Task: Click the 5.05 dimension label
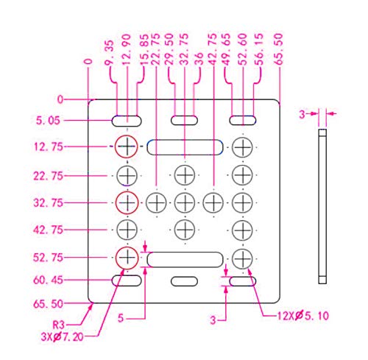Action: pyautogui.click(x=48, y=121)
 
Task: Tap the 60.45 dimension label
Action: pyautogui.click(x=48, y=280)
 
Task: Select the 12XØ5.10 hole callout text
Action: pyautogui.click(x=303, y=316)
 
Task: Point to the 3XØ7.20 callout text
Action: pyautogui.click(x=62, y=337)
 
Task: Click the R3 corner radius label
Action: pyautogui.click(x=58, y=325)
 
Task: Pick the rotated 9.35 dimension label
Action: pyautogui.click(x=109, y=53)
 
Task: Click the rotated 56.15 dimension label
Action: pyautogui.click(x=259, y=49)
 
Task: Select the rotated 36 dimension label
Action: pyautogui.click(x=199, y=59)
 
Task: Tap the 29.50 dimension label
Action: pyautogui.click(x=169, y=49)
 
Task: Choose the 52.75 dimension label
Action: pyautogui.click(x=48, y=258)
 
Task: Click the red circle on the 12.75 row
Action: pyautogui.click(x=127, y=135)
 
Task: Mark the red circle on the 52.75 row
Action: pyautogui.click(x=127, y=247)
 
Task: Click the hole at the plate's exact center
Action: pyautogui.click(x=185, y=202)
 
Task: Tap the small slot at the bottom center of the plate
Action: pyautogui.click(x=184, y=281)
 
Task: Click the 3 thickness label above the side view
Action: pyautogui.click(x=302, y=114)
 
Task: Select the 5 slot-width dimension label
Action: pyautogui.click(x=121, y=318)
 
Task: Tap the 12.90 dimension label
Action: pyautogui.click(x=127, y=49)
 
